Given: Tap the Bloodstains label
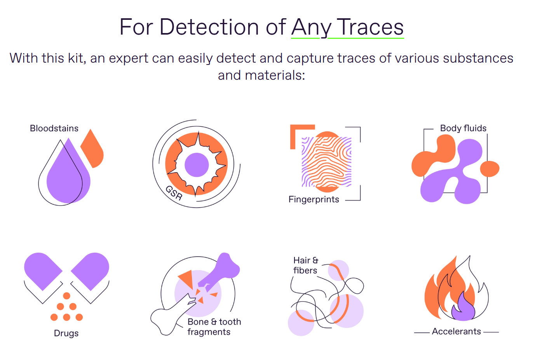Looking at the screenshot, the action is [x=54, y=128].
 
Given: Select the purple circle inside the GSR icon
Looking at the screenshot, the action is [x=197, y=165].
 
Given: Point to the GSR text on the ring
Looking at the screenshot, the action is [x=174, y=193].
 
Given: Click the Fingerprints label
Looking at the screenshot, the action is [x=314, y=199].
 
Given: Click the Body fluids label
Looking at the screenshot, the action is [x=463, y=128].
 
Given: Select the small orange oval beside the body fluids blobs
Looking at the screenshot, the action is [x=490, y=169].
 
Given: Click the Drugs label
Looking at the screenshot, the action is [x=66, y=333].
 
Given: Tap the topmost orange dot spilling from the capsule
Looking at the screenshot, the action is [x=67, y=296].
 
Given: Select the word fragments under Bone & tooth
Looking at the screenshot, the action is [x=209, y=332].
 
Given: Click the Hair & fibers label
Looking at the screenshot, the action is [x=306, y=266].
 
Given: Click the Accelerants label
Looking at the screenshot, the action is [x=456, y=332].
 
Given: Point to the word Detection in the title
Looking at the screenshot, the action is [x=209, y=27].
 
